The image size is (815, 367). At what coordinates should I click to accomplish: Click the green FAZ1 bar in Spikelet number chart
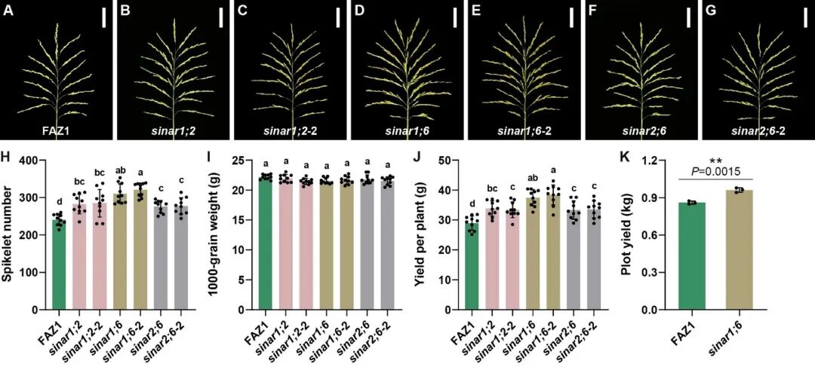coord(60,265)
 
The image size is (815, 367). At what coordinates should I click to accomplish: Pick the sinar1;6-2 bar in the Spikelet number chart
coord(140,249)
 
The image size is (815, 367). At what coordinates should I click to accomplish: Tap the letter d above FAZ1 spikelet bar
coord(60,200)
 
